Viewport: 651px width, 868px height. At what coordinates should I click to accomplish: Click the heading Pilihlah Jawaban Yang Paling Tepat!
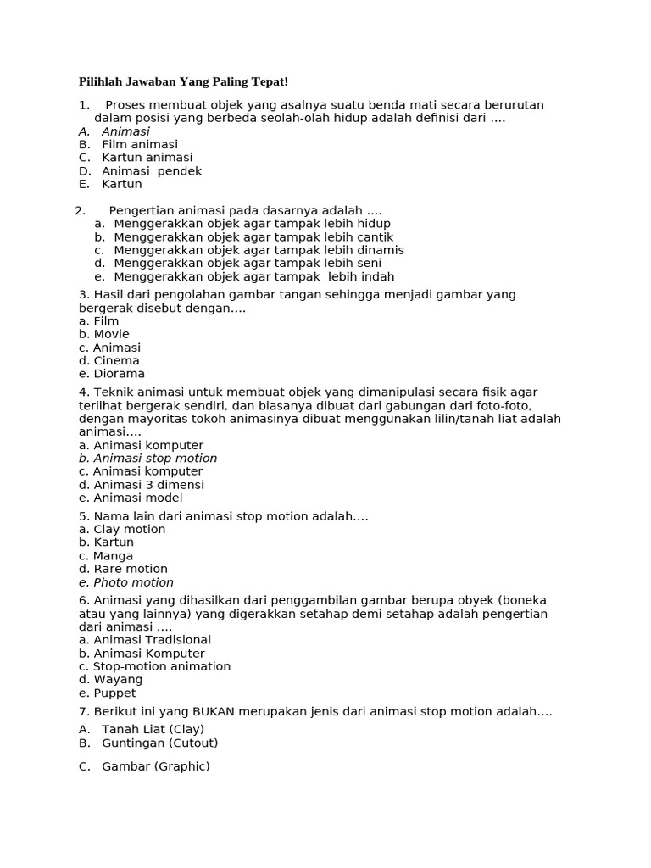tap(183, 81)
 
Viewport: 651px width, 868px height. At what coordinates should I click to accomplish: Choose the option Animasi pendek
tap(151, 171)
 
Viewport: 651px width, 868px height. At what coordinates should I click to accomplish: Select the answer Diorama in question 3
tap(112, 374)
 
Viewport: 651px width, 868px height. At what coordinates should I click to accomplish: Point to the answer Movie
tap(104, 334)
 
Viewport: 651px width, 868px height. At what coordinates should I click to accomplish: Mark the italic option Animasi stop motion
tap(148, 459)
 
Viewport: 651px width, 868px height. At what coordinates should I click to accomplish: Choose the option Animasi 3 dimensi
tap(142, 485)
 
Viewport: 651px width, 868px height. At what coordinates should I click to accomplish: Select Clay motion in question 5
tap(122, 530)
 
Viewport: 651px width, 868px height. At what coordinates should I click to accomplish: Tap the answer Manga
tap(106, 556)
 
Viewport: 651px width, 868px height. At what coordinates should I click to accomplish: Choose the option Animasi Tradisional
tap(145, 640)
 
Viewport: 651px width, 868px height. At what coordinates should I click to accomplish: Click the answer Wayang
tap(110, 680)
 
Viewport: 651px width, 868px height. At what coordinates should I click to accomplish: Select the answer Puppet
tap(107, 693)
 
